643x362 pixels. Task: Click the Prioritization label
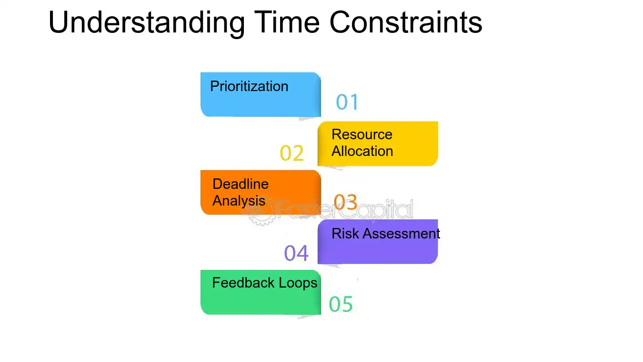249,86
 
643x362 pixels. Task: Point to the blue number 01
347,102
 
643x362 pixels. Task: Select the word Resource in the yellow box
362,134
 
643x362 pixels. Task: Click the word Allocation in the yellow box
362,151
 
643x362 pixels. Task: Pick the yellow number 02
292,154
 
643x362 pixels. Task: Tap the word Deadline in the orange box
241,184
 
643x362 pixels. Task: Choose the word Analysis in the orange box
239,201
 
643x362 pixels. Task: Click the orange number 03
345,202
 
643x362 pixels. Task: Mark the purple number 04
296,253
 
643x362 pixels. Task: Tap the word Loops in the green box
299,283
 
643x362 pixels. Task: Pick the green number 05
341,304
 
